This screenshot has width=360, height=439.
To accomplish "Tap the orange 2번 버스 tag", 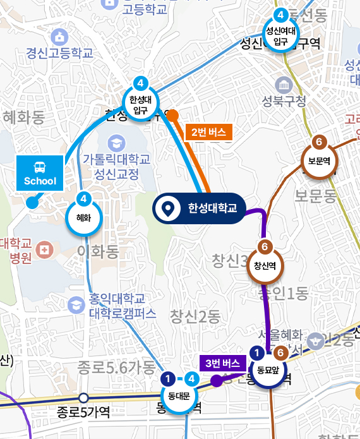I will click(208, 132).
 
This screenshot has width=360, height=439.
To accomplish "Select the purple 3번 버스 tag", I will click(222, 363).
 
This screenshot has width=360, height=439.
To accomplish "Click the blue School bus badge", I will click(40, 173).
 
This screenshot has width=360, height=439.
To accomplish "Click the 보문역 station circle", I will click(319, 159).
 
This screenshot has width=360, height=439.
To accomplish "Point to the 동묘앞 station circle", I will click(268, 368).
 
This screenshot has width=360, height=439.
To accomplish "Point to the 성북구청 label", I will click(284, 100).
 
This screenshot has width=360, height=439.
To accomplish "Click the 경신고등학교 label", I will click(60, 52).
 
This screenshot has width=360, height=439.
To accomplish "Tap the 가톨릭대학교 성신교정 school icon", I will click(116, 142).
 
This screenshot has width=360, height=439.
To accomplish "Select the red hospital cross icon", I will click(44, 250).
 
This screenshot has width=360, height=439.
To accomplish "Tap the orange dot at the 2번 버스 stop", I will click(172, 115).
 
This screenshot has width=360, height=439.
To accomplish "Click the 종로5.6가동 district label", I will click(116, 367).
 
